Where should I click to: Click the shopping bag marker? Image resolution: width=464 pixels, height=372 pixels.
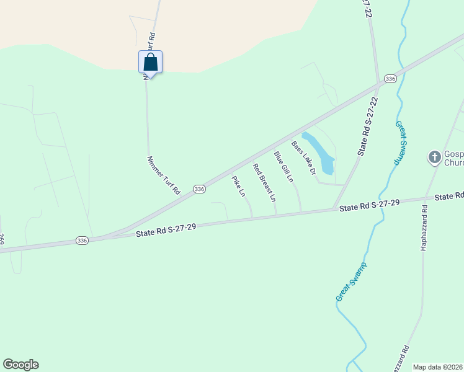coord(150,62)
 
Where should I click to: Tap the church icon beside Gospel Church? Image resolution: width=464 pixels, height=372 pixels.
coord(435,157)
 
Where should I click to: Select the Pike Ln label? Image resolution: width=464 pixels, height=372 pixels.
coord(239,187)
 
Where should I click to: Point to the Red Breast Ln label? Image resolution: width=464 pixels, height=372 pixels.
coord(264,183)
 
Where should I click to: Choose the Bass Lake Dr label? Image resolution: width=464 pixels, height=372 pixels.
coord(304,157)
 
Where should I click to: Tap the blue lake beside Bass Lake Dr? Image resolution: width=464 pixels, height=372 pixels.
coord(320,153)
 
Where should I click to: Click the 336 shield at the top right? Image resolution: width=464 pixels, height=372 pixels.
coord(390,79)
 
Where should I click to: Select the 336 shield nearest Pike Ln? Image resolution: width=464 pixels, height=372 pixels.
coord(199,188)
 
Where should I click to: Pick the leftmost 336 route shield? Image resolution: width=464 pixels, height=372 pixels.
coord(82,240)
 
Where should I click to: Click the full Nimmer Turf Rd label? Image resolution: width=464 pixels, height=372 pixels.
coord(163,175)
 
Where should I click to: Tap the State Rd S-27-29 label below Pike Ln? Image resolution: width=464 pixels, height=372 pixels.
coord(166,231)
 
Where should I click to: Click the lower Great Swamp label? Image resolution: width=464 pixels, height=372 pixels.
coord(351,282)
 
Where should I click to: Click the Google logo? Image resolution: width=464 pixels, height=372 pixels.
coord(21,365)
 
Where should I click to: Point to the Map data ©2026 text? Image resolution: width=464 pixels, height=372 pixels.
coord(438,367)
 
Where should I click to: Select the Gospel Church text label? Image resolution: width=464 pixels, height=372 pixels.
coord(454,157)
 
